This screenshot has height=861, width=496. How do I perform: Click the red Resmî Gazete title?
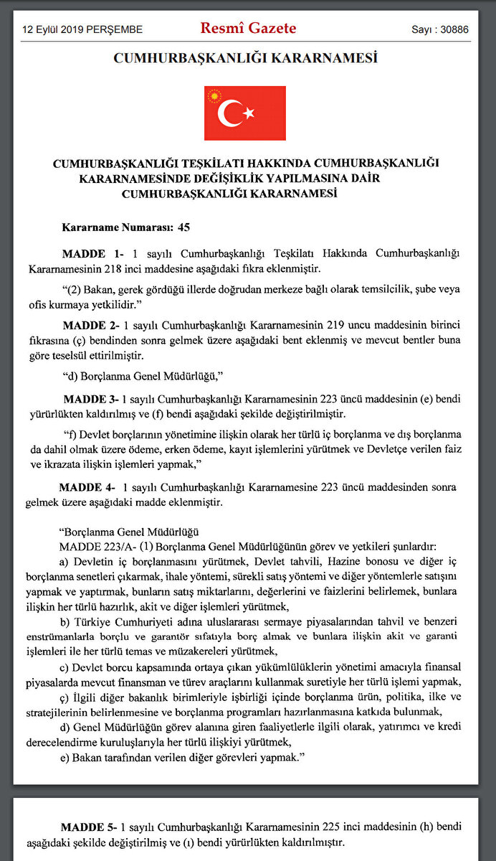pyautogui.click(x=248, y=29)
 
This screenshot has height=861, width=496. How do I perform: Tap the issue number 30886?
pyautogui.click(x=454, y=29)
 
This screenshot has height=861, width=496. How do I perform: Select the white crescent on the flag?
pyautogui.click(x=231, y=113)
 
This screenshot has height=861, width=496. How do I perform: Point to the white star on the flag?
pyautogui.click(x=249, y=113)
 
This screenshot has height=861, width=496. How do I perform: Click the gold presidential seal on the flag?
pyautogui.click(x=214, y=95)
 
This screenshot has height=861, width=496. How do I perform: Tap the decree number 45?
pyautogui.click(x=183, y=227)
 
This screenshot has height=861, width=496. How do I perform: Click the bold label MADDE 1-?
pyautogui.click(x=93, y=254)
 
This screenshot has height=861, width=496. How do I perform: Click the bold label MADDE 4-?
pyautogui.click(x=85, y=487)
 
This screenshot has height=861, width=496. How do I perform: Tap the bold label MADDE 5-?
pyautogui.click(x=89, y=827)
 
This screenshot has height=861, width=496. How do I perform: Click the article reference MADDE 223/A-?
pyautogui.click(x=96, y=545)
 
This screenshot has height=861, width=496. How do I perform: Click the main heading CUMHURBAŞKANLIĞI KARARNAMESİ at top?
pyautogui.click(x=246, y=58)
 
